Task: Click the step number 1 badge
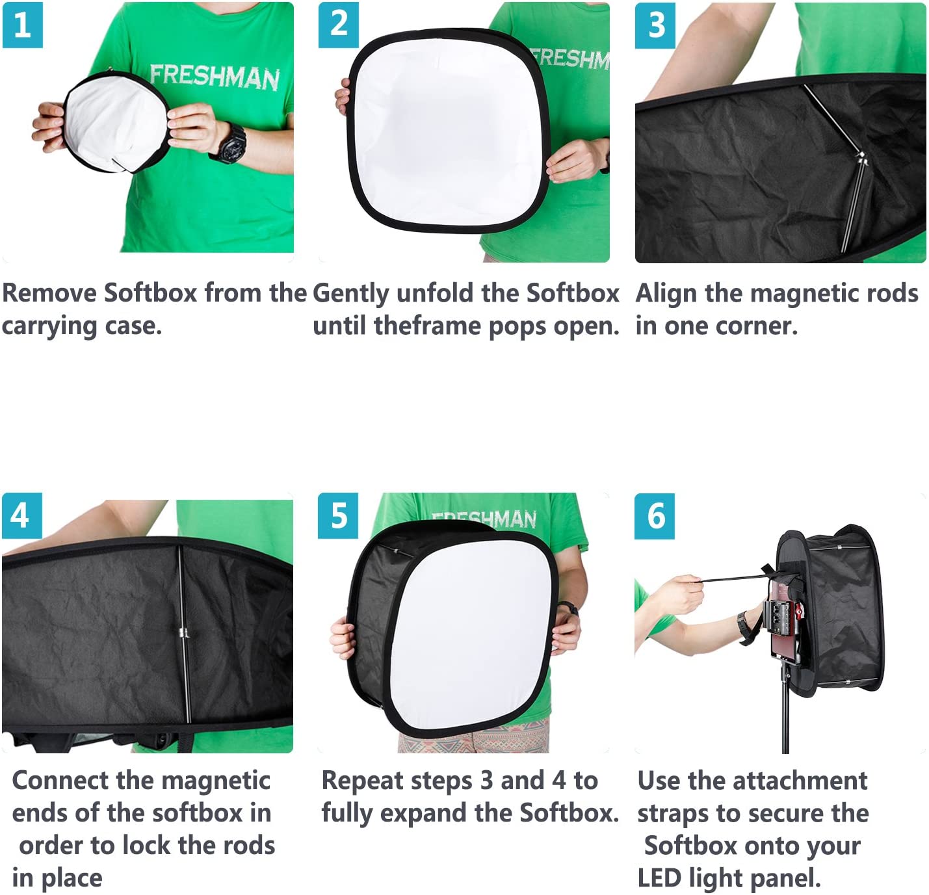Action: pos(22,25)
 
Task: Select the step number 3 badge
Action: pos(655,25)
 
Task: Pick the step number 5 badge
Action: pos(338,516)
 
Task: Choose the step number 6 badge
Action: pos(655,516)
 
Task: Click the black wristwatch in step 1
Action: pos(231,144)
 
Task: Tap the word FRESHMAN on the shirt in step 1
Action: pos(214,76)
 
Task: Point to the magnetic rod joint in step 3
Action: pos(861,157)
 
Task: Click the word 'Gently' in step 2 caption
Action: pos(350,294)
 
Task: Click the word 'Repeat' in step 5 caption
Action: pos(362,781)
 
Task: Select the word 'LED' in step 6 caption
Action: pos(659,878)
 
